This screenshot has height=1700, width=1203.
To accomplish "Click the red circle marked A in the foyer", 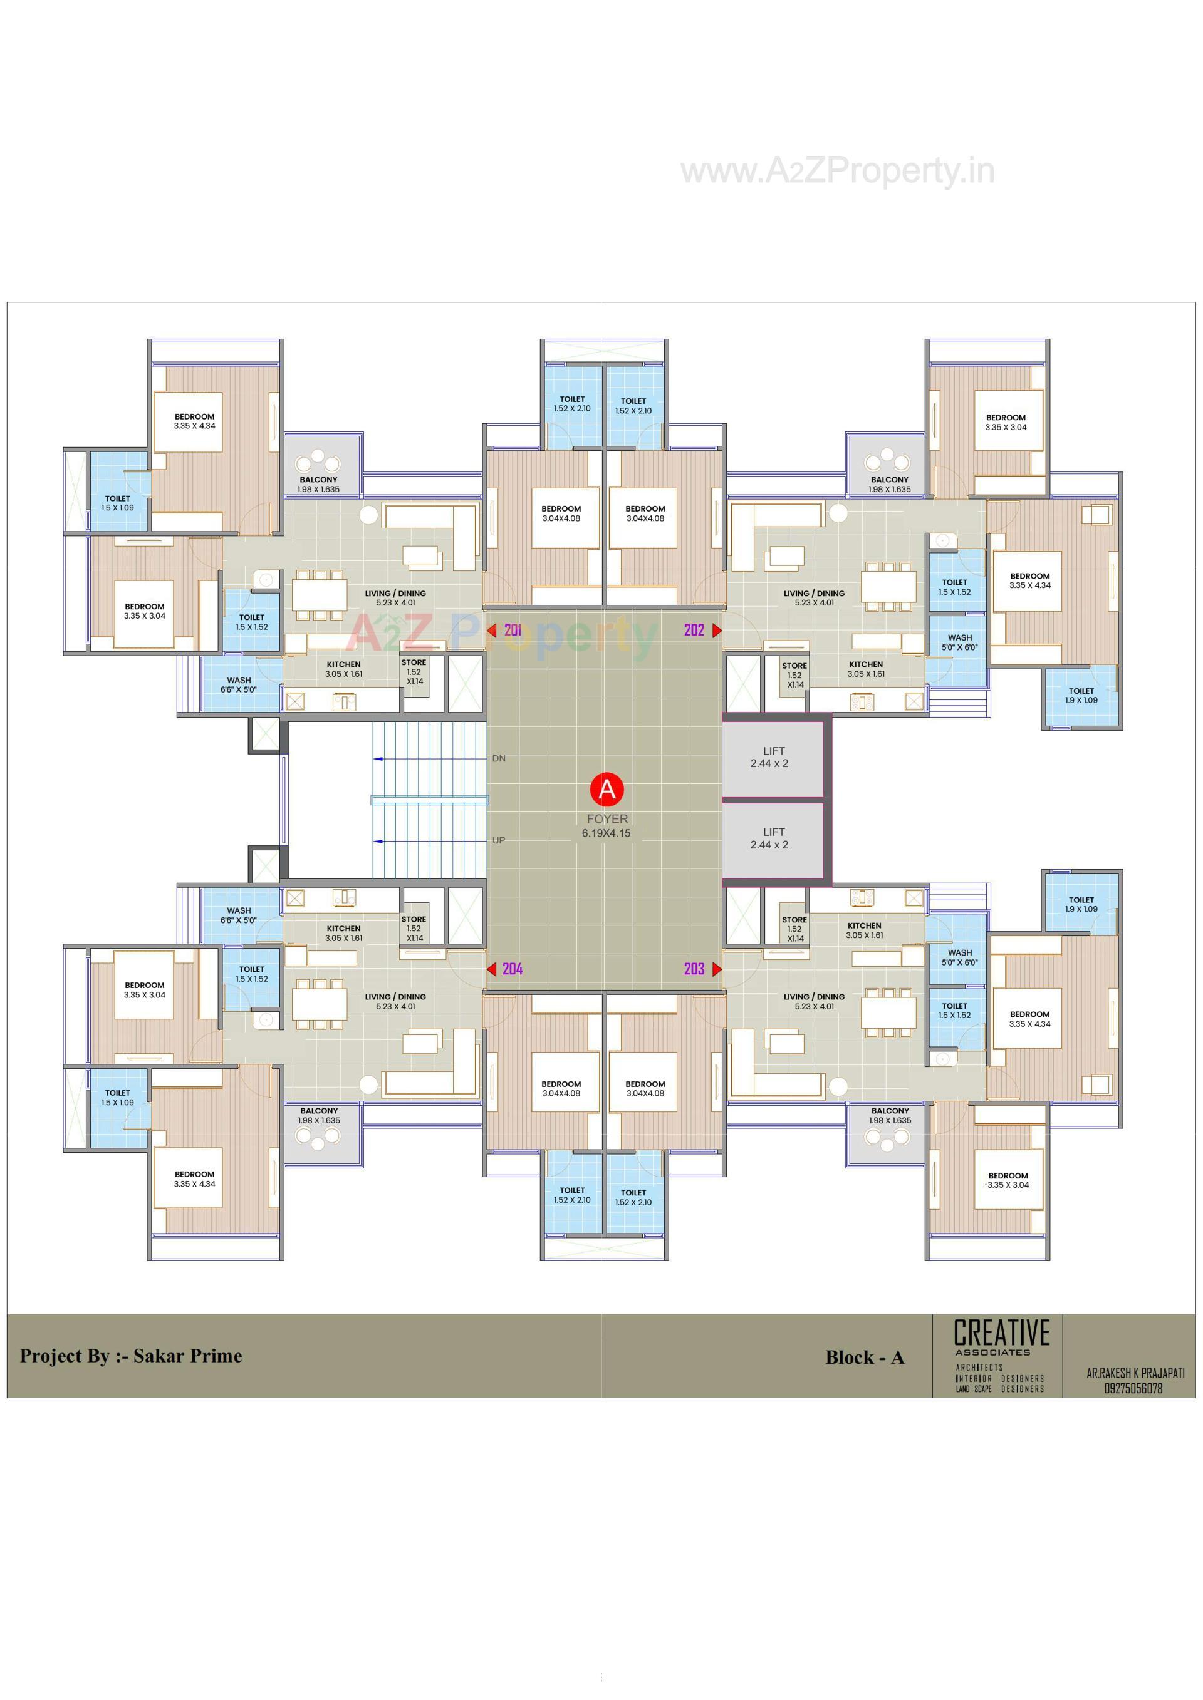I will click(x=607, y=790).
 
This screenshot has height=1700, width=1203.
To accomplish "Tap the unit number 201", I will click(x=513, y=630).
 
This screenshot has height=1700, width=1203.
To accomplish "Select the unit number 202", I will click(x=694, y=630).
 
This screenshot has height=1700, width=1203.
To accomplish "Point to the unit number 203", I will click(x=694, y=969).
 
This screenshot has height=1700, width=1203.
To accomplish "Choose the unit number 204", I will click(x=513, y=969).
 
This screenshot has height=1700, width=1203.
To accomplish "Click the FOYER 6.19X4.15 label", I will click(x=607, y=825).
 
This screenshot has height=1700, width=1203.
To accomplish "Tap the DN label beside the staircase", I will click(x=499, y=758).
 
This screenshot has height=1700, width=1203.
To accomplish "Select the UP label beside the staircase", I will click(x=499, y=840).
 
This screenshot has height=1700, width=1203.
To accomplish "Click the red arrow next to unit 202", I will click(x=716, y=630).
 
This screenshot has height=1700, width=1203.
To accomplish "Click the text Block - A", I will click(x=865, y=1357).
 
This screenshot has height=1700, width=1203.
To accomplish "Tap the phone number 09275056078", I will click(x=1133, y=1388).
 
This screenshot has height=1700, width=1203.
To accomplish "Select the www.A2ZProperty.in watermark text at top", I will click(x=837, y=171).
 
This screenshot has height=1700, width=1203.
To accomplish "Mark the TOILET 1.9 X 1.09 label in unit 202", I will click(x=1081, y=695).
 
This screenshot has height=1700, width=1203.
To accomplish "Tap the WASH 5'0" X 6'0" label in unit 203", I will click(x=959, y=957).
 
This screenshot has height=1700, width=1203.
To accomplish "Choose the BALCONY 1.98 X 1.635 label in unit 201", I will click(x=318, y=484).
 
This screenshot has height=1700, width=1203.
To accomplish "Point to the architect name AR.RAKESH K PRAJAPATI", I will click(x=1135, y=1373).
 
